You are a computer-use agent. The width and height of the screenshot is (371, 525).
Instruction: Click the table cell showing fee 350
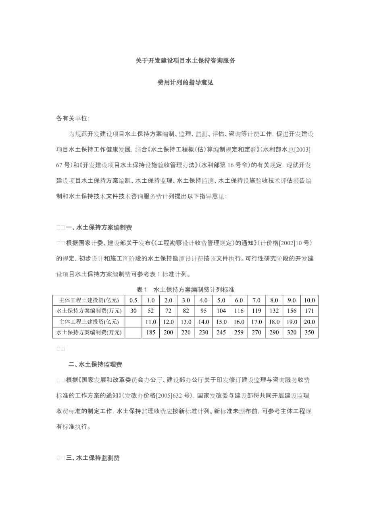click(309, 333)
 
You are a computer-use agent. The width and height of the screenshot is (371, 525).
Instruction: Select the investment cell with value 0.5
click(133, 300)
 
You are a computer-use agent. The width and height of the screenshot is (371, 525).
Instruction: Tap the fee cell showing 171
click(309, 311)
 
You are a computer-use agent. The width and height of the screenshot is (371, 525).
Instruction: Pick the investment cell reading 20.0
click(309, 322)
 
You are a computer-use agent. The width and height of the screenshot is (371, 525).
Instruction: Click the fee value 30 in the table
click(133, 311)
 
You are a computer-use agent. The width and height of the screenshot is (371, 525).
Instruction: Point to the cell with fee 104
click(221, 311)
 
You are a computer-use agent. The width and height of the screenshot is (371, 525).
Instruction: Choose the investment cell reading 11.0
click(151, 322)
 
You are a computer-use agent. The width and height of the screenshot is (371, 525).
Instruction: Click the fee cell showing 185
click(151, 333)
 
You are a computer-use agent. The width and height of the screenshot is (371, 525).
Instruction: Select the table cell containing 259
click(239, 333)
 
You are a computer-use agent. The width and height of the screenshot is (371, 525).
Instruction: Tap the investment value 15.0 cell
click(221, 322)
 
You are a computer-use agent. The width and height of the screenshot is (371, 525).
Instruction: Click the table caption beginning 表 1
click(185, 290)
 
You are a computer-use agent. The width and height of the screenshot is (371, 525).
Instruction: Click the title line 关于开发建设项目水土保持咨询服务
click(185, 61)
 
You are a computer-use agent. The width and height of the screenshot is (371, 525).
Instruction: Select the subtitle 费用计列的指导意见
click(185, 83)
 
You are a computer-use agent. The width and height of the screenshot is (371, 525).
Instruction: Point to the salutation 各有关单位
click(73, 119)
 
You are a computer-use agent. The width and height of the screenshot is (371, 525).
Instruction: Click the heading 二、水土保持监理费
click(95, 365)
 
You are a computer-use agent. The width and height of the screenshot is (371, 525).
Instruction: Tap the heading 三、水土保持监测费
click(92, 458)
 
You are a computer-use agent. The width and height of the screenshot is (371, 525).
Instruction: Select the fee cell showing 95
click(204, 311)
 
